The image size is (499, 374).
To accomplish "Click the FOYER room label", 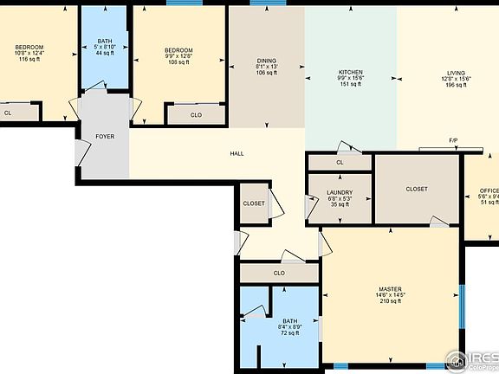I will [104, 136].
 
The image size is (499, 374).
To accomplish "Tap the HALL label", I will [237, 153].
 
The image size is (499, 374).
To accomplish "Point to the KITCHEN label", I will [350, 72].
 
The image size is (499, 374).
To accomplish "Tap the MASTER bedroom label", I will [388, 288].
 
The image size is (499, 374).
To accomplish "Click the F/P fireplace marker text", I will [453, 140].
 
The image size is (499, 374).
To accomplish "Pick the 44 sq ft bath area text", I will [104, 54].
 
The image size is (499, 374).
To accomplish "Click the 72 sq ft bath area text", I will [289, 332].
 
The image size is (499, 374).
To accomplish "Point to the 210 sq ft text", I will [388, 301].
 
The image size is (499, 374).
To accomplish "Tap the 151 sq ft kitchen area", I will [350, 84].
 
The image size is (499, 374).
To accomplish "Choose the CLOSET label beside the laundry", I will [417, 190].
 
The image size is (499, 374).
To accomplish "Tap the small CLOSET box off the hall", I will [254, 203].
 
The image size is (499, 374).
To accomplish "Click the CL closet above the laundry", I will [339, 162].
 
